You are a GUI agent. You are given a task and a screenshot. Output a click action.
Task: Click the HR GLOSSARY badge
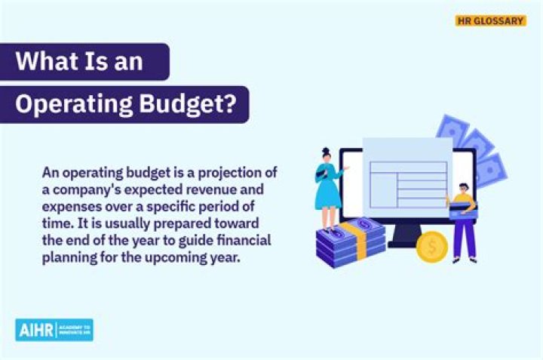coord(490,21)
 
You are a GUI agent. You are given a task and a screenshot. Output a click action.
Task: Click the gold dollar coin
coord(432,246)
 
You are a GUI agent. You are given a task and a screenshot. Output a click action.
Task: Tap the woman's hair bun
coord(326,151)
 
